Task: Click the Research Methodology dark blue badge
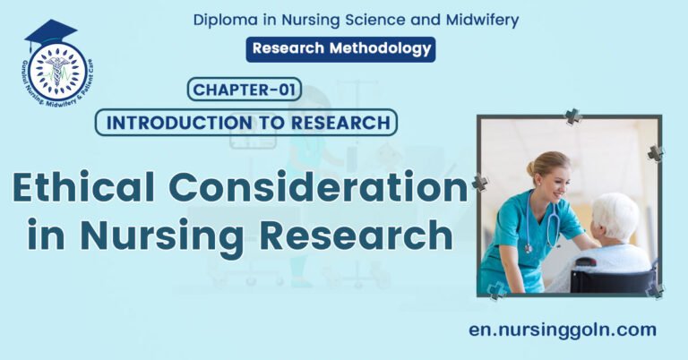(x=340, y=49)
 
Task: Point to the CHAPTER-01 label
(x=245, y=90)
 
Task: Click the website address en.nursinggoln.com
(x=563, y=329)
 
